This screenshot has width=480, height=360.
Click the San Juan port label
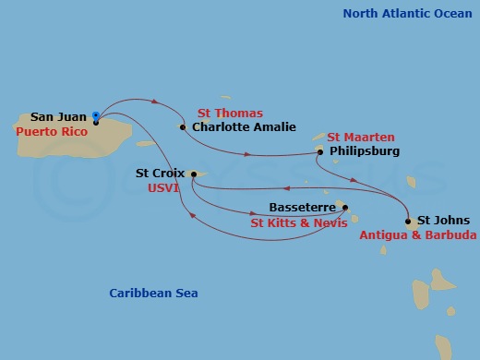pyautogui.click(x=59, y=117)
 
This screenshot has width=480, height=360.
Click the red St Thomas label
pyautogui.click(x=230, y=114)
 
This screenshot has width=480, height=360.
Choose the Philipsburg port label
pyautogui.click(x=365, y=151)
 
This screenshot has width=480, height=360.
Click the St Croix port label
pyautogui.click(x=159, y=173)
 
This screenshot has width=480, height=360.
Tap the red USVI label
pyautogui.click(x=166, y=186)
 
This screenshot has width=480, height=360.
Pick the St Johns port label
pyautogui.click(x=443, y=221)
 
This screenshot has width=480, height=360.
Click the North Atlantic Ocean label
pyautogui.click(x=407, y=13)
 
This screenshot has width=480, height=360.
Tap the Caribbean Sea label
pyautogui.click(x=153, y=294)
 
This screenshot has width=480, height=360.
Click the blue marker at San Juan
pyautogui.click(x=96, y=116)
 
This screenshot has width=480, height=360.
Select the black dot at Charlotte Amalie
pyautogui.click(x=183, y=127)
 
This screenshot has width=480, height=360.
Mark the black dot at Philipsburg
pyautogui.click(x=320, y=151)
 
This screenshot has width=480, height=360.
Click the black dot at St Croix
pyautogui.click(x=193, y=173)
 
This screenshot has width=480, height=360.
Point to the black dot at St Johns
pyautogui.click(x=408, y=221)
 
